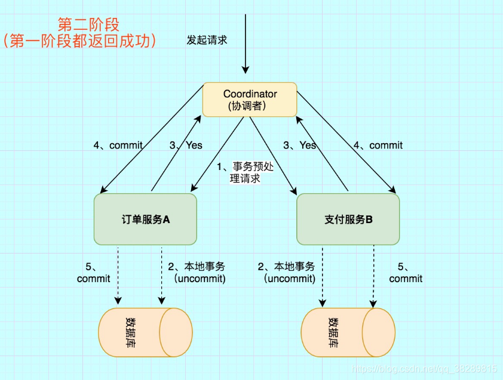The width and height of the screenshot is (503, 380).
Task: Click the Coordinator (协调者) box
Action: point(250,100)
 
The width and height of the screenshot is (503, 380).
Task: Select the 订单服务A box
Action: point(145,219)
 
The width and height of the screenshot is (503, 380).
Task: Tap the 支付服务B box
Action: point(348,219)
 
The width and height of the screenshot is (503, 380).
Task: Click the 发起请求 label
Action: point(207,41)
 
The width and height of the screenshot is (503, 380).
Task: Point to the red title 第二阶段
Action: point(88,24)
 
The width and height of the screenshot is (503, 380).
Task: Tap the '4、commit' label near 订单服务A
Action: point(118,145)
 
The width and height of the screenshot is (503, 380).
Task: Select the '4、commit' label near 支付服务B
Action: point(378,145)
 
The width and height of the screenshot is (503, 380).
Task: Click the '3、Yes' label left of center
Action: point(186,145)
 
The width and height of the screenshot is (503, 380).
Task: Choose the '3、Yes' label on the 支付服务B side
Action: point(299,145)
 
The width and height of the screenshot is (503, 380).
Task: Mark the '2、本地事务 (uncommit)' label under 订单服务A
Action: point(197,273)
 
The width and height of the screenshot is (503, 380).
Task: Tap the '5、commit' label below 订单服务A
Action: point(94,273)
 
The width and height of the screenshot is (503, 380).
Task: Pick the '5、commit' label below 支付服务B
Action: point(406,273)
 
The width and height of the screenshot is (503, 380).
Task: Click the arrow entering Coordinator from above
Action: point(244,42)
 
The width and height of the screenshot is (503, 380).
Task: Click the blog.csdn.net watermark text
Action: point(424,369)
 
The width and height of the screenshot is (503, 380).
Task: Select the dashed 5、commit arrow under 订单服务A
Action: point(118,274)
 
